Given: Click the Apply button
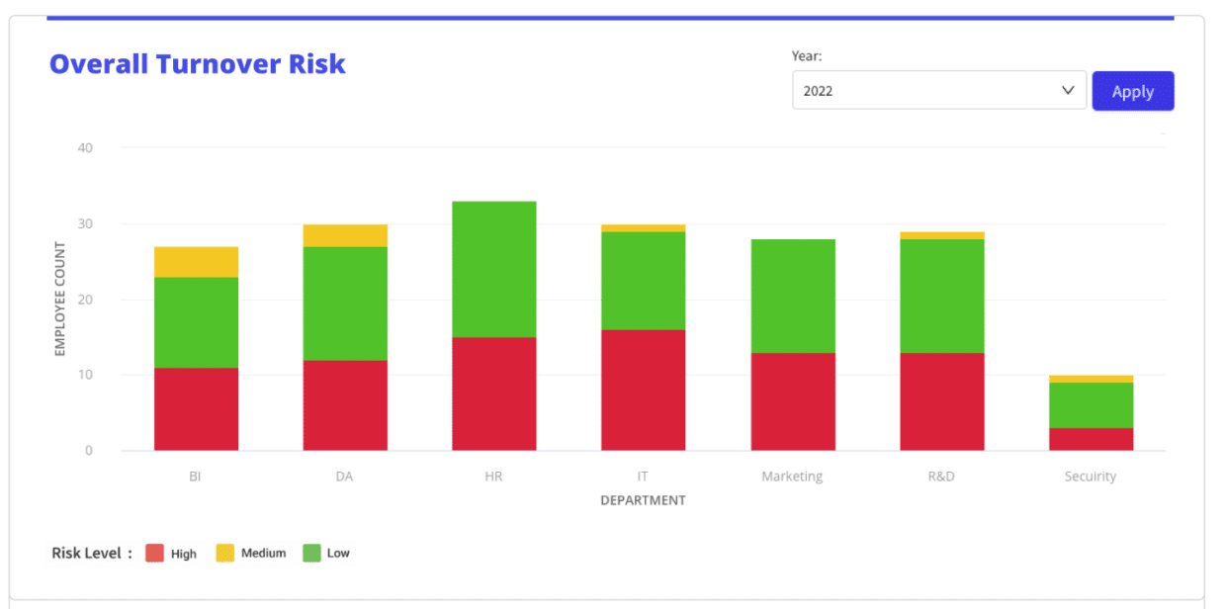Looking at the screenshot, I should click(1132, 91).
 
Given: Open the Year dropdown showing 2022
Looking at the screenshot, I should click(938, 90).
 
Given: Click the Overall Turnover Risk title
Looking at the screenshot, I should click(197, 64).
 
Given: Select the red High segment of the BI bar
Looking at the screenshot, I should click(196, 409).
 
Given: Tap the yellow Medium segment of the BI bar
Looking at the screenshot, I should click(196, 262).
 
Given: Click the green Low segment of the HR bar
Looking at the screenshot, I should click(493, 269).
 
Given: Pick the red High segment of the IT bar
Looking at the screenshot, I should click(643, 391).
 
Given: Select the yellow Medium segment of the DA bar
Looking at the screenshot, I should click(345, 235).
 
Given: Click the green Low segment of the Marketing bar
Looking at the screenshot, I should click(792, 296).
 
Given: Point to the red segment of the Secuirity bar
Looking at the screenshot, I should click(1091, 439).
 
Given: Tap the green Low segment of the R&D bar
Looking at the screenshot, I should click(941, 296).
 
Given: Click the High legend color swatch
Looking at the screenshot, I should click(154, 554).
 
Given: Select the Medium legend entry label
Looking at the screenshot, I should click(263, 554).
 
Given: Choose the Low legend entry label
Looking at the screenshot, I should click(338, 554).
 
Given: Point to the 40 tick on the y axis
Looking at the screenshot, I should click(85, 148).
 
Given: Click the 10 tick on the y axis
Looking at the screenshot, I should click(85, 375).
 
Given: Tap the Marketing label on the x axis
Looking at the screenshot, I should click(792, 477).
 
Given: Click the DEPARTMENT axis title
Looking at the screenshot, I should click(643, 500).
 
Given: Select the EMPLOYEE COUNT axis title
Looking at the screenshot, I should click(59, 299).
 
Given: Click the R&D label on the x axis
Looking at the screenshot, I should click(941, 477).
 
